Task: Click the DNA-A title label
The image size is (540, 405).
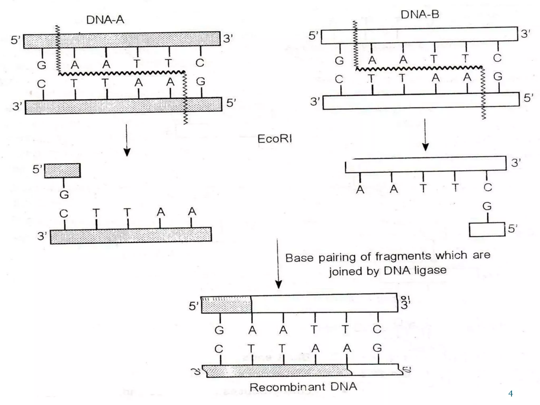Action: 105,20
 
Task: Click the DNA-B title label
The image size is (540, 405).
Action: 420,14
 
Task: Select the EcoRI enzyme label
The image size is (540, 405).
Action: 274,139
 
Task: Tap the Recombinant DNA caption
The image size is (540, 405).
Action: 303,387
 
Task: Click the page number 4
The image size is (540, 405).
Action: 510,394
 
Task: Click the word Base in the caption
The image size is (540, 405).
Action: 299,258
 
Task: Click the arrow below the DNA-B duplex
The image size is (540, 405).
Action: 425,135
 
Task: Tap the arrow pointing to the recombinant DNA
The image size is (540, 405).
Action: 278,264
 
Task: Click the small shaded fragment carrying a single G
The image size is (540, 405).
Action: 62,171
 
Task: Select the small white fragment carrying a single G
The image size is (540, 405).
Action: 487,229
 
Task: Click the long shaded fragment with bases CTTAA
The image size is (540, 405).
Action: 131,235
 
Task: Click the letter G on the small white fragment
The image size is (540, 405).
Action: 487,206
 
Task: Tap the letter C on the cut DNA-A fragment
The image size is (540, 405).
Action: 64,214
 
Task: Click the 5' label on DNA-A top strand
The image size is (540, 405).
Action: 15,40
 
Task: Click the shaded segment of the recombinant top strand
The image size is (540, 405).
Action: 226,305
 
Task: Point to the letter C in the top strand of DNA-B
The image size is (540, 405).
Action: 497,58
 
